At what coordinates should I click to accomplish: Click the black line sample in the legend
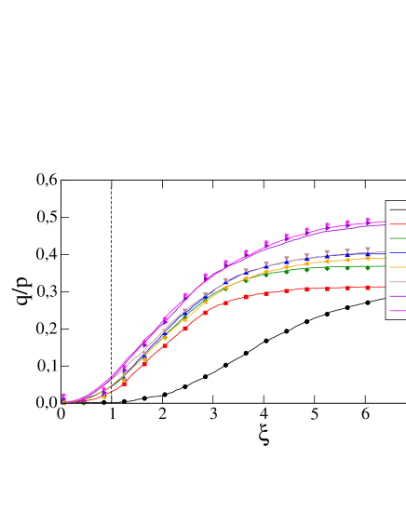point(397,209)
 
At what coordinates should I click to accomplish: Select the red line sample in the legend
point(397,223)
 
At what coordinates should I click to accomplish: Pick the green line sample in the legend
point(397,238)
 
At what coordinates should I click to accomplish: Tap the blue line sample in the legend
point(397,252)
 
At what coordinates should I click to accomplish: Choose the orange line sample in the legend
point(397,267)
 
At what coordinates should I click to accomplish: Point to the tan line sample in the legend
point(397,281)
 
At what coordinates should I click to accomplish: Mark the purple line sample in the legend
point(397,296)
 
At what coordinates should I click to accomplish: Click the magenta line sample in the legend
point(397,310)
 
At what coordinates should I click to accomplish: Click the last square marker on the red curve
point(368,288)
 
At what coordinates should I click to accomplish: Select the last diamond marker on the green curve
point(368,267)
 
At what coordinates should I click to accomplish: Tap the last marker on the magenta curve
point(368,220)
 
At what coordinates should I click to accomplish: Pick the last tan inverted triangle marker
point(368,249)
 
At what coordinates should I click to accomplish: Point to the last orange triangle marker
point(368,259)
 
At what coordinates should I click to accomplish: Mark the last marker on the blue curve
point(368,253)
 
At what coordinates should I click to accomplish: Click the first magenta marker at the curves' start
point(63,396)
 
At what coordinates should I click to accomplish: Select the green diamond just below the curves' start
point(83,403)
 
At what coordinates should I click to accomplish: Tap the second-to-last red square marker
point(347,288)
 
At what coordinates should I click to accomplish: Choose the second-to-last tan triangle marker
point(347,251)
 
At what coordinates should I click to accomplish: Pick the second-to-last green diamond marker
point(347,267)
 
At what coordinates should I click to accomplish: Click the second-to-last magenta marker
point(347,222)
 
